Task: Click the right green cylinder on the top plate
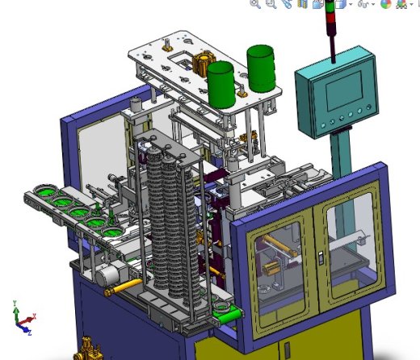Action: (261, 68)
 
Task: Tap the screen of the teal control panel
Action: (342, 90)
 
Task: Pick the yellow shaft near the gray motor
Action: (129, 286)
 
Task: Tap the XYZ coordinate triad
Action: (22, 318)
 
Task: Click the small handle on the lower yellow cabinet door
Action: (283, 350)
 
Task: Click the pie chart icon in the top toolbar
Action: (385, 4)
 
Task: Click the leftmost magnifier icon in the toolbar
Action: (255, 4)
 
